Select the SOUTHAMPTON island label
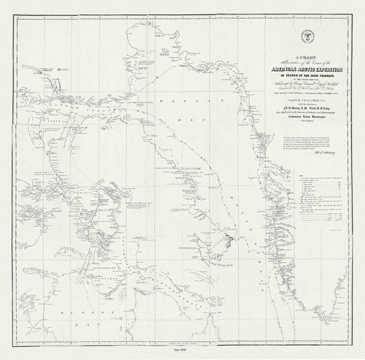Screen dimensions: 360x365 [96, 263]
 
